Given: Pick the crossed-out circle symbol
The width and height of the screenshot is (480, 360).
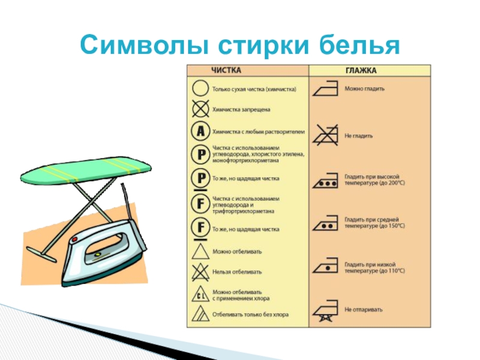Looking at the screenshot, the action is point(199,109).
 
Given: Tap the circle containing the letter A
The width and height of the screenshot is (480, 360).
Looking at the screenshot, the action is point(199,130).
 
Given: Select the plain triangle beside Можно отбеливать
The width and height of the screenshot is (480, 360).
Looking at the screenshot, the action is point(199,250).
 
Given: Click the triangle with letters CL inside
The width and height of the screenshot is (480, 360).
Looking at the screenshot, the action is point(199,293).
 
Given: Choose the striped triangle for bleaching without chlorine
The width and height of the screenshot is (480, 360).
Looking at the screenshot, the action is point(199,314).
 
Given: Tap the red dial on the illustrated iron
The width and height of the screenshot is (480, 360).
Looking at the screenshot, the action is point(74,239).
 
